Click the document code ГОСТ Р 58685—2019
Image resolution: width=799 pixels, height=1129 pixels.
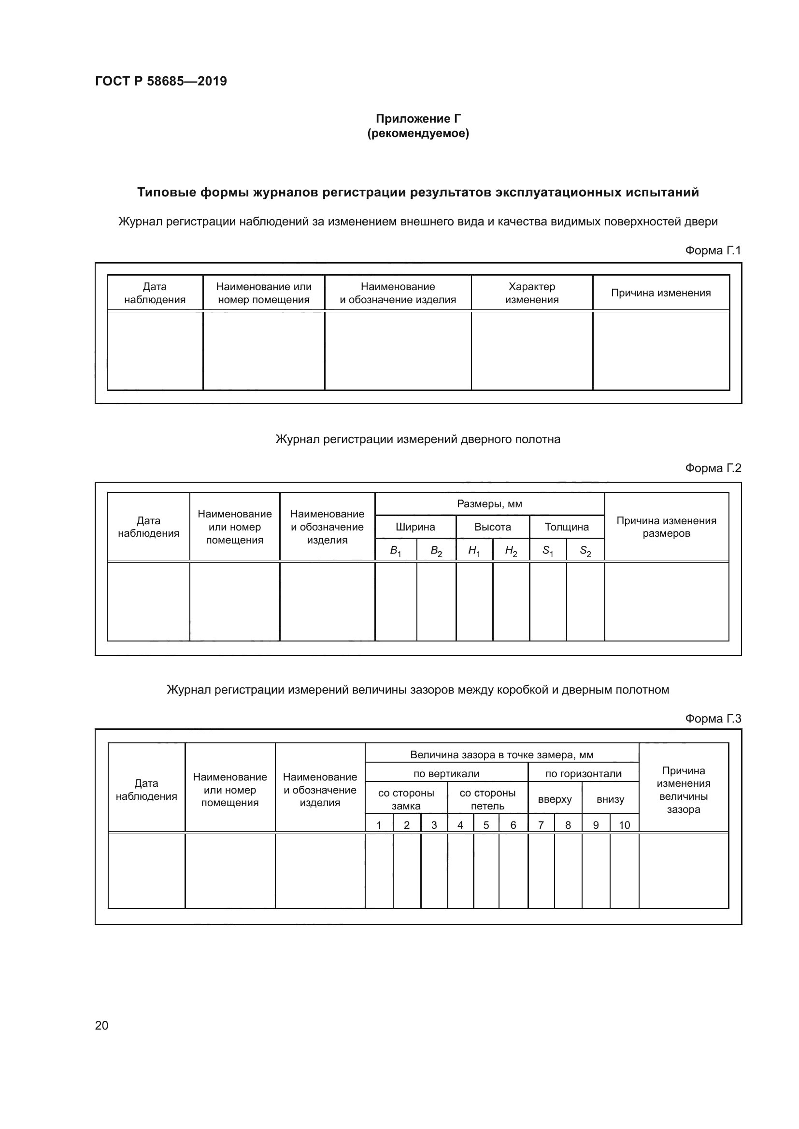tap(161, 81)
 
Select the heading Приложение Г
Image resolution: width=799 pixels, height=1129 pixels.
tap(418, 119)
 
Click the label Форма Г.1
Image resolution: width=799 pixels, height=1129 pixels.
tap(713, 251)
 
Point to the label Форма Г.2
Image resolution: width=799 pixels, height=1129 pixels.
tap(713, 468)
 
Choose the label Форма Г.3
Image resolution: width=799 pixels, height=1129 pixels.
tap(713, 719)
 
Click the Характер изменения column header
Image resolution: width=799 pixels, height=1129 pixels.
tap(531, 293)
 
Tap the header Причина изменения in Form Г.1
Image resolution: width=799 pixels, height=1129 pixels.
tap(660, 293)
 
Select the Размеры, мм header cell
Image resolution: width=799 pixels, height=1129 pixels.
tap(489, 504)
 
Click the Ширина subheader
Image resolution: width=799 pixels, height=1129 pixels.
tap(415, 527)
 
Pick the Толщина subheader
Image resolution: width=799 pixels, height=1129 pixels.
tap(566, 527)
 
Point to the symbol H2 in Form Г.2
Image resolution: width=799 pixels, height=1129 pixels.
tap(511, 551)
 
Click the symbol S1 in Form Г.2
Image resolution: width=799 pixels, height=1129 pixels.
tap(548, 551)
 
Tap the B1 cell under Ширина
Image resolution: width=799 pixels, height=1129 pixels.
tap(396, 551)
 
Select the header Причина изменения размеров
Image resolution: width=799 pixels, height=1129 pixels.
tap(666, 527)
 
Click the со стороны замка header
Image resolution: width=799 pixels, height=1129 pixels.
tap(406, 799)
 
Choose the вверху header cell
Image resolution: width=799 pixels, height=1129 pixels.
tap(555, 799)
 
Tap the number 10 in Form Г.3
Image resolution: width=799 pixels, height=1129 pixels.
tap(624, 825)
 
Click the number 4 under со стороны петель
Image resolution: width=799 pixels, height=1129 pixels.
tap(460, 825)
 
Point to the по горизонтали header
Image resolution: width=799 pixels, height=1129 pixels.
tap(583, 774)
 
